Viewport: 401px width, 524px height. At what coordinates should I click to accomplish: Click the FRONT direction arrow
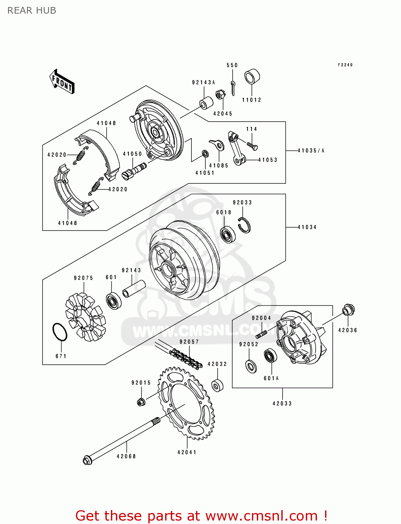pos(62,82)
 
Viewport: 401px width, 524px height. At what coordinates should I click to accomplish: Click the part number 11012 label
pos(252,100)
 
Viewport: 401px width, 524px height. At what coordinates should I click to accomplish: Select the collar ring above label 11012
pos(252,77)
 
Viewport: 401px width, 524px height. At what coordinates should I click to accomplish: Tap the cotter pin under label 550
pos(233,87)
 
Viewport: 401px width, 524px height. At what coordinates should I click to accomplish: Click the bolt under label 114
pos(252,145)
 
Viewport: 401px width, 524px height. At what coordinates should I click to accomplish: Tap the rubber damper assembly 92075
pos(85,317)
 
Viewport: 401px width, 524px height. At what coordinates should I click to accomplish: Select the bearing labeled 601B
pos(228,234)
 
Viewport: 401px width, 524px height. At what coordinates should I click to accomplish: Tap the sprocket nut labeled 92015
pos(141,402)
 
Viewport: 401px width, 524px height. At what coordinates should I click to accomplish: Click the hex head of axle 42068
pos(87,460)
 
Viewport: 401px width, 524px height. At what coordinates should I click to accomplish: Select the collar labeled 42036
pos(349,310)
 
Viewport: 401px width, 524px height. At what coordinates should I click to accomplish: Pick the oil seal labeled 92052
pos(251,366)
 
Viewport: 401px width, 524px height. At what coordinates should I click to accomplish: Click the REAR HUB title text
pos(32,10)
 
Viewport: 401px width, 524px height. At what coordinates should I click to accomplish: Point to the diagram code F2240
pos(345,65)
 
